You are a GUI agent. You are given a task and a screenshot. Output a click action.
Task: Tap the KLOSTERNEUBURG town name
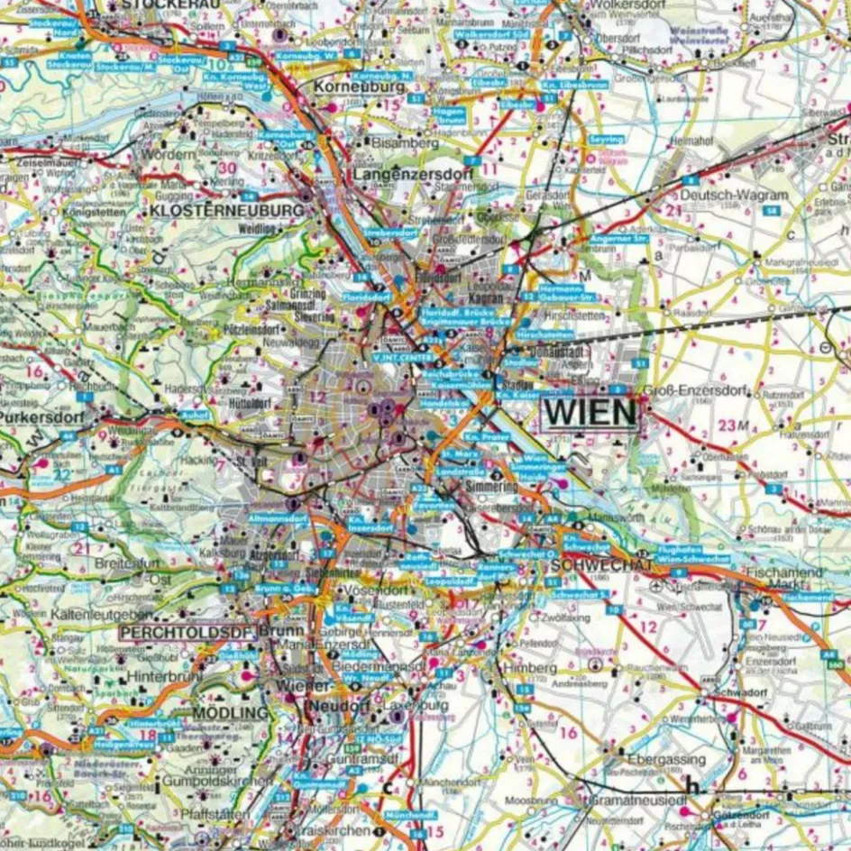[228, 209]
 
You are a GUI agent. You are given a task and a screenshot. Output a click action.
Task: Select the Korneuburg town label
[358, 88]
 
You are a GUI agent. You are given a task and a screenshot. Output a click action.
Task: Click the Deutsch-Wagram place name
[734, 195]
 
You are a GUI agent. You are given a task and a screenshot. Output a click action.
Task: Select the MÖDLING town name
[231, 712]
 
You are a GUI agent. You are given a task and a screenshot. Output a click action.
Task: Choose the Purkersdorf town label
[41, 418]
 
